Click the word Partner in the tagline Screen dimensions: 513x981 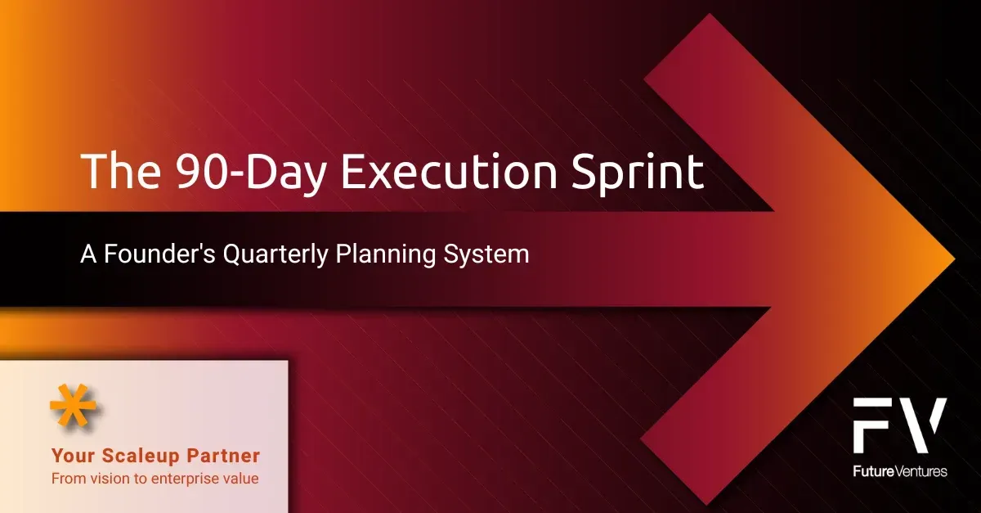tap(222, 456)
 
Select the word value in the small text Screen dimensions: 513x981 tap(241, 478)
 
